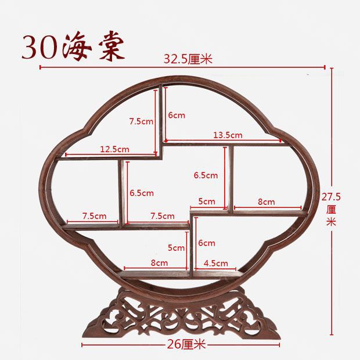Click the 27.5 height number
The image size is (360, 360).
coord(331,197)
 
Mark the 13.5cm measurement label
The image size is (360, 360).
coord(228,135)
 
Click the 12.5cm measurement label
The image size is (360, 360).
coord(114,149)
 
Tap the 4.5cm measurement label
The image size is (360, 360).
coord(215,263)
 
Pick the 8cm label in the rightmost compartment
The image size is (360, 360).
coord(266,202)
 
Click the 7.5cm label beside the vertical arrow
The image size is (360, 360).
coord(141,121)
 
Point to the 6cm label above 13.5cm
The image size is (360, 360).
coord(177,116)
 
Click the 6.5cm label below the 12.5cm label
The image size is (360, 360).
coord(142,193)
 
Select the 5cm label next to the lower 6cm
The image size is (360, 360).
coord(176,248)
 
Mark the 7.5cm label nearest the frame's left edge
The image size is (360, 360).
coord(93,216)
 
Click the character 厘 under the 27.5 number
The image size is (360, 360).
coord(331,209)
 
